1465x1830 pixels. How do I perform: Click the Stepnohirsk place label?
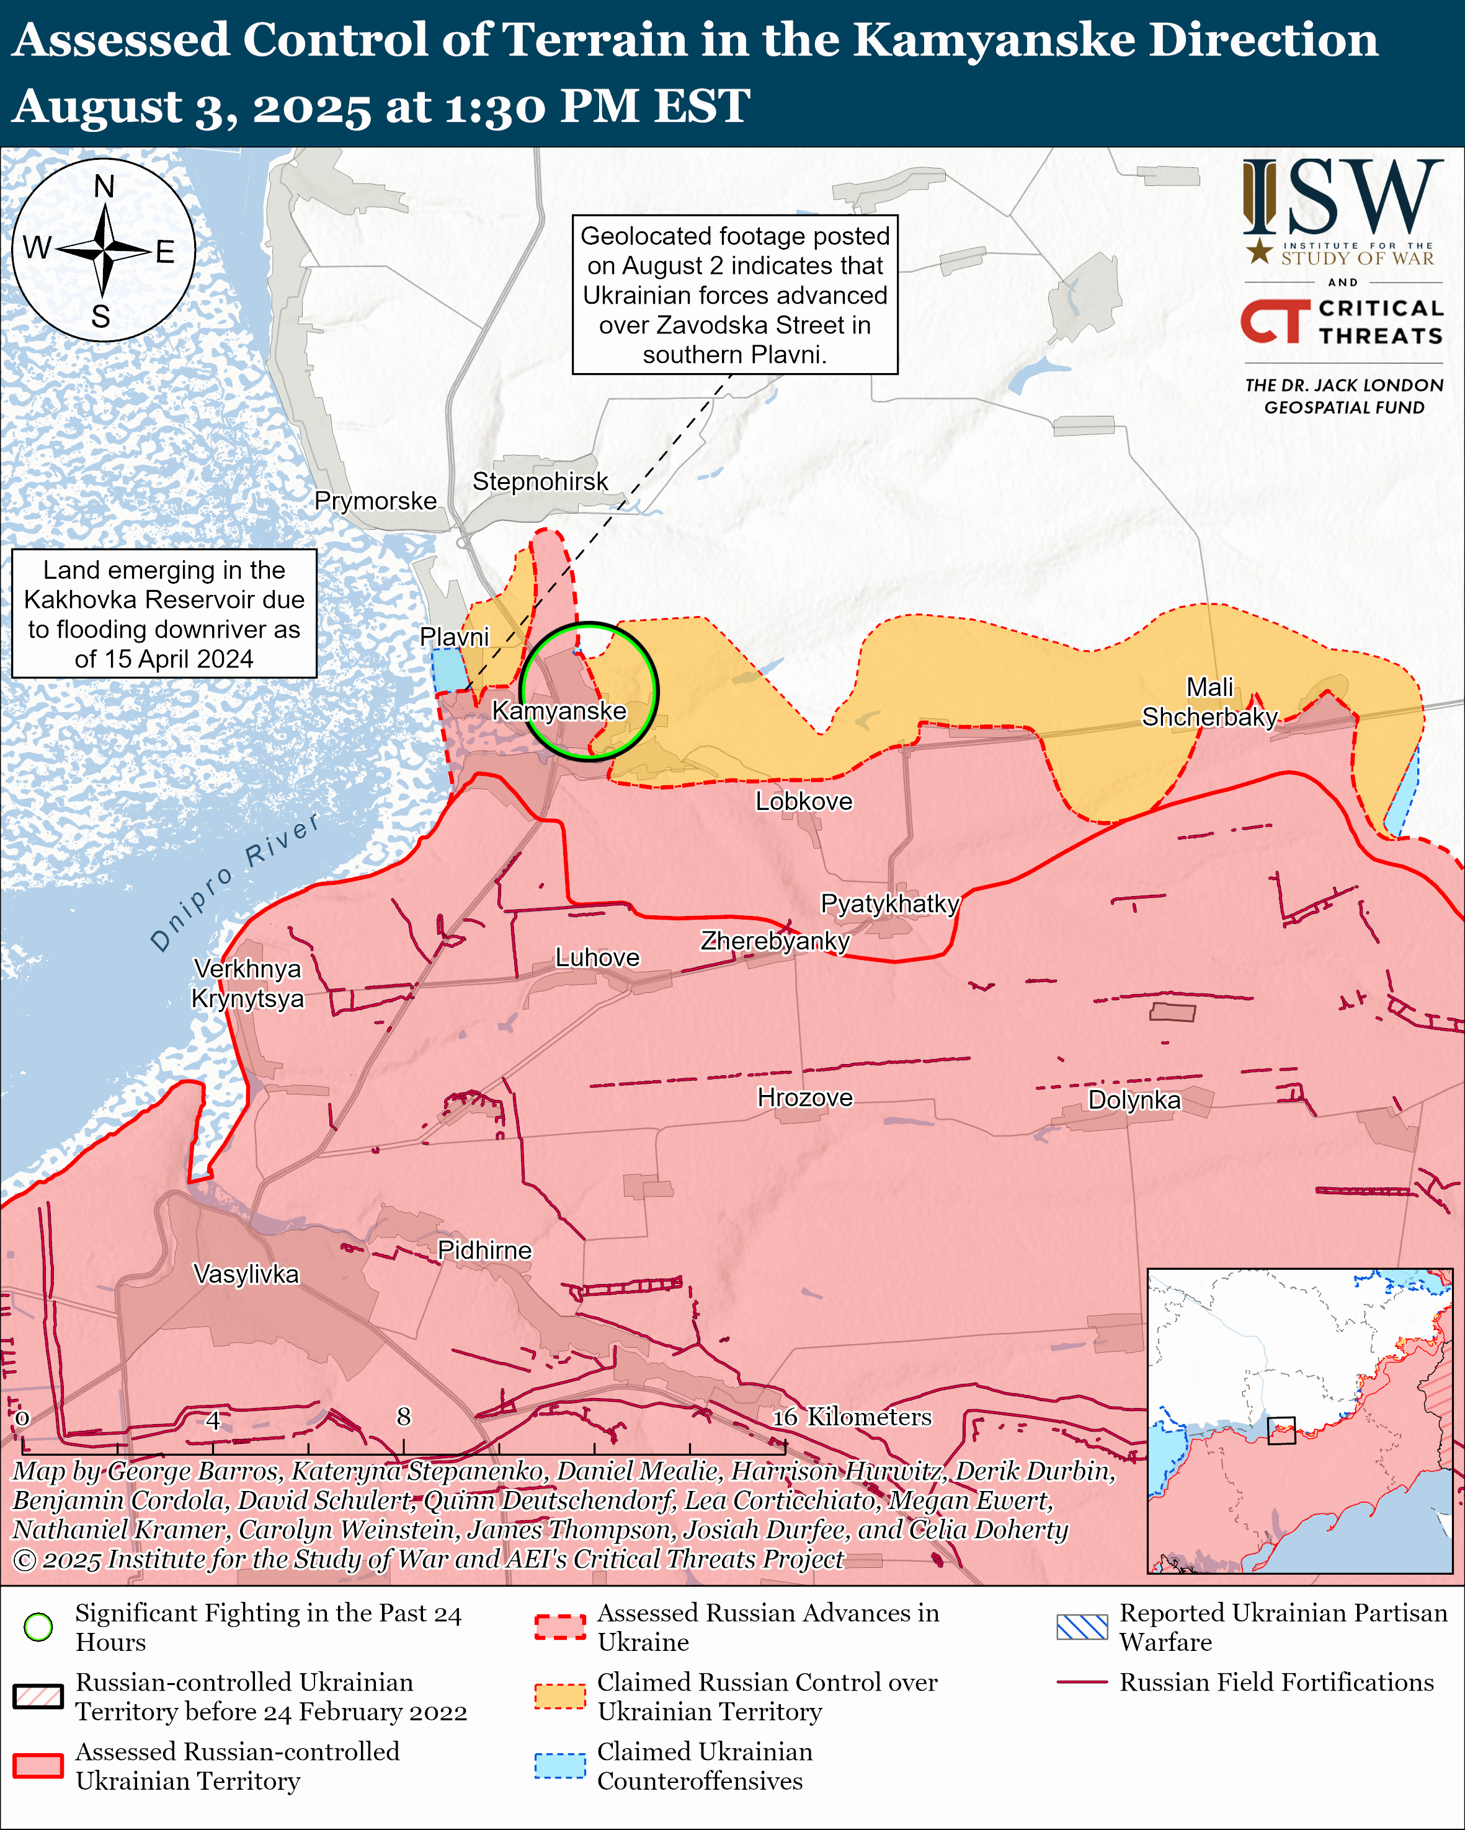point(540,482)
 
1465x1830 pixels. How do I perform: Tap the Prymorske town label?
point(375,501)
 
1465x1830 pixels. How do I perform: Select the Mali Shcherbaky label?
point(1209,702)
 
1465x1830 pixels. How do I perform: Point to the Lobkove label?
point(803,801)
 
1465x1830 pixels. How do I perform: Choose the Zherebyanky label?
point(775,941)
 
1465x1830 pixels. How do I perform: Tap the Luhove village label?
point(597,957)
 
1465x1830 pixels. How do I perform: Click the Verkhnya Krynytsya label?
point(247,983)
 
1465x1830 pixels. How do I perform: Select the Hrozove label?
point(804,1098)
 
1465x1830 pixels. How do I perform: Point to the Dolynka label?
point(1134,1100)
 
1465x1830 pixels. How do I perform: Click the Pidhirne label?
point(484,1251)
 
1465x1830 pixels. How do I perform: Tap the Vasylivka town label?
point(246,1274)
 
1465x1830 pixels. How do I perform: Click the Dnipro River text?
point(234,882)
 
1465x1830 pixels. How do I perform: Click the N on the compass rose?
point(104,186)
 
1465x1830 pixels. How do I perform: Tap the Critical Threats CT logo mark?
point(1275,321)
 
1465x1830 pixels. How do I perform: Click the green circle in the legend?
point(38,1627)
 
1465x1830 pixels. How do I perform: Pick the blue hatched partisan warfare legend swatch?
point(1081,1627)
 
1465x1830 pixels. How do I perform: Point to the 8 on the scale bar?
point(403,1417)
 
